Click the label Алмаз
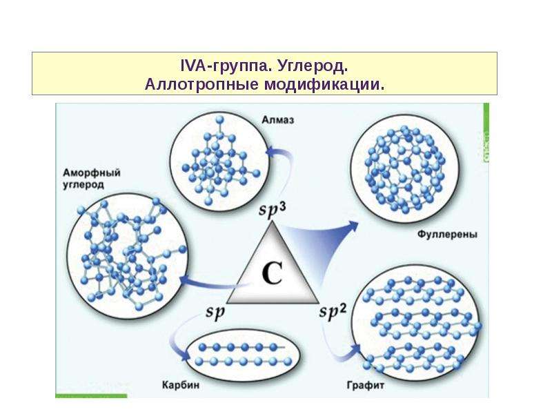pyautogui.click(x=278, y=120)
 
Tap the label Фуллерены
pyautogui.click(x=447, y=235)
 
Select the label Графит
pyautogui.click(x=366, y=386)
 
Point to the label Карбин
pyautogui.click(x=181, y=385)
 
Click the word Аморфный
pyautogui.click(x=92, y=173)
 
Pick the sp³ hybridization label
pyautogui.click(x=272, y=209)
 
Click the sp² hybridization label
pyautogui.click(x=333, y=312)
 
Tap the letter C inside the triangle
pyautogui.click(x=272, y=273)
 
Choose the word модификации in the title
pyautogui.click(x=324, y=84)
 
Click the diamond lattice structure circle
pyautogui.click(x=219, y=161)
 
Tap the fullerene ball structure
pyautogui.click(x=405, y=169)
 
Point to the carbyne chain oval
pyautogui.click(x=243, y=355)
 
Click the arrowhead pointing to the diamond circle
pyautogui.click(x=271, y=152)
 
